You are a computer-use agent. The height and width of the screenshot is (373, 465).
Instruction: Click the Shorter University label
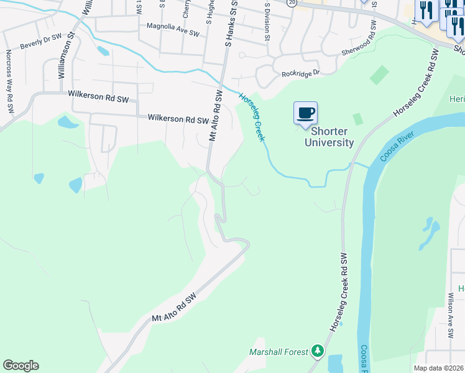click(x=328, y=137)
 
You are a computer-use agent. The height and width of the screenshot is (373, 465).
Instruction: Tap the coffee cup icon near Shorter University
click(x=305, y=114)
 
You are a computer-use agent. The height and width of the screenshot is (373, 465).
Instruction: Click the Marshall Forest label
click(x=279, y=352)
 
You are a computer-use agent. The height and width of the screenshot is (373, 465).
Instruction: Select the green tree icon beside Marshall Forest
click(x=318, y=352)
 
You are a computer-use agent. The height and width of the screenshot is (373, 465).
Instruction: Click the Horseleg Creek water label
click(x=252, y=116)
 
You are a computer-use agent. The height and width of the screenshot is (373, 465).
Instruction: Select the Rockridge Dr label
click(x=300, y=73)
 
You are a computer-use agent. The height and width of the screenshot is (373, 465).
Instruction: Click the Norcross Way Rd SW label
click(x=9, y=81)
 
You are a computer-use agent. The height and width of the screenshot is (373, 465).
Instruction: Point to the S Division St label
click(x=267, y=21)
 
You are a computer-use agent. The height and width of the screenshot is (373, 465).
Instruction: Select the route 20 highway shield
click(x=292, y=3)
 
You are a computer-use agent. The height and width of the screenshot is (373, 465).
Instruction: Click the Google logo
click(x=21, y=366)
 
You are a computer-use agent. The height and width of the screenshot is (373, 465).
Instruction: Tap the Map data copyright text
click(x=439, y=368)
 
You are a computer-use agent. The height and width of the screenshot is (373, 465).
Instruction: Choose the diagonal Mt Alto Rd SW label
click(x=174, y=308)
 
